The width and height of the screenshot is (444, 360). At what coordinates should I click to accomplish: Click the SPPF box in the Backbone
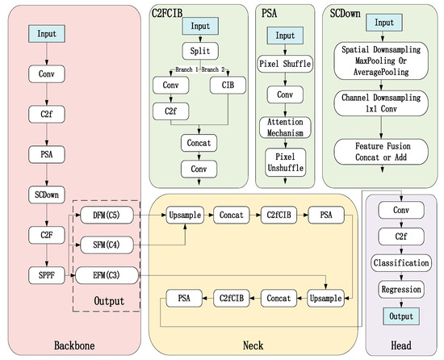click(47, 275)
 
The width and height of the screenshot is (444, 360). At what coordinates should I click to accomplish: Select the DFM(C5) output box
click(107, 215)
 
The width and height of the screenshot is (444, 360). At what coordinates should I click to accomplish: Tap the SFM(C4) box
click(107, 245)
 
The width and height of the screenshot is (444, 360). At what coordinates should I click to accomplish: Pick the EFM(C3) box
click(107, 275)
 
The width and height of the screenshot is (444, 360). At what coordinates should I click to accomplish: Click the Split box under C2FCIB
click(200, 51)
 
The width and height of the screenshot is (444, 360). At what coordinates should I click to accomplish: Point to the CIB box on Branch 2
click(228, 85)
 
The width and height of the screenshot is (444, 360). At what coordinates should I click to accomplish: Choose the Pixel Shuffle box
click(285, 64)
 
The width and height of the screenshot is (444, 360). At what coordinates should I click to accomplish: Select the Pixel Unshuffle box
click(286, 162)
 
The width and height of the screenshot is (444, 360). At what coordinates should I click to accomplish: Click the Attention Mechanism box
click(285, 128)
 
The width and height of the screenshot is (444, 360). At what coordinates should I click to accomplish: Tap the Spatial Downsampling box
click(381, 61)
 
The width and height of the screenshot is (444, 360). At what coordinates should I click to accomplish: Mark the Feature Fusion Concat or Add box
click(381, 152)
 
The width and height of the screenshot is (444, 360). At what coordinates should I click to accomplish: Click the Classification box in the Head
click(401, 263)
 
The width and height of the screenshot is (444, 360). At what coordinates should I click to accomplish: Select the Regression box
click(401, 290)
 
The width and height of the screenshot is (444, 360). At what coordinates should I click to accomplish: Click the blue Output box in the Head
click(401, 316)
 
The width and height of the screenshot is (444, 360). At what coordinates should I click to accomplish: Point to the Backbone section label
click(74, 345)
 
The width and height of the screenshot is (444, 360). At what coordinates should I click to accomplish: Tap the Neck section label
click(253, 345)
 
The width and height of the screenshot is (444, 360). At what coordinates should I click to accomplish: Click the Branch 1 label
click(186, 69)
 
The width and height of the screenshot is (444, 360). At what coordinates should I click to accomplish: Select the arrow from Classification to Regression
click(401, 276)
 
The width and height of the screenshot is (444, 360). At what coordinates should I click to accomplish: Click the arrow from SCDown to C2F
click(47, 215)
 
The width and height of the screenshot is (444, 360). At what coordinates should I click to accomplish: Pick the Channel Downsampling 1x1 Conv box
click(381, 103)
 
